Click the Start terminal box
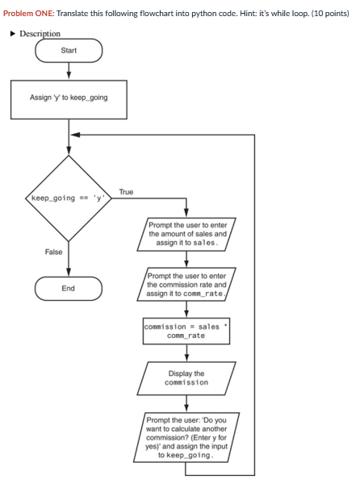[x=69, y=51]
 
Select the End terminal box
[x=69, y=287]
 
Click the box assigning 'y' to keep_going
[x=69, y=98]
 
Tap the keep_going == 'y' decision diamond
[x=69, y=196]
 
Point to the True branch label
[x=126, y=190]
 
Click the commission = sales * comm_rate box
[x=186, y=331]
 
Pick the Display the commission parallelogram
[x=186, y=377]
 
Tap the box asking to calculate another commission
[x=186, y=437]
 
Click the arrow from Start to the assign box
[x=69, y=71]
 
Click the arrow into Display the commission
[x=186, y=353]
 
